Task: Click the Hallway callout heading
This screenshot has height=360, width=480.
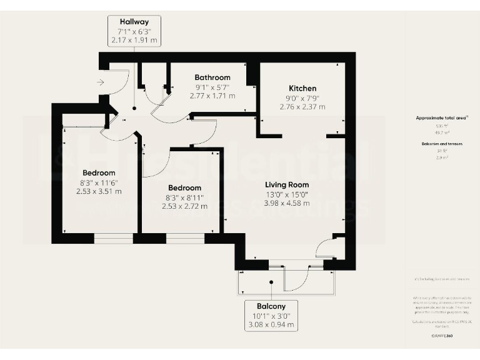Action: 134,21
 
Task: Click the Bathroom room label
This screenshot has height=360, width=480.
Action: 212,77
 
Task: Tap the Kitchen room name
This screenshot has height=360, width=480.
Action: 302,88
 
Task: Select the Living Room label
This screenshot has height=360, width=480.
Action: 287,184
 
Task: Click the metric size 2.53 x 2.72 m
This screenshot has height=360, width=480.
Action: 184,206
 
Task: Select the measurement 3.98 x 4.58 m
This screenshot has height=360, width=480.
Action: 287,203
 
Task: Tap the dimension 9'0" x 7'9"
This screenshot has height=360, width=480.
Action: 302,97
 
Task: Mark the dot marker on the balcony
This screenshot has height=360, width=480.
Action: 271,282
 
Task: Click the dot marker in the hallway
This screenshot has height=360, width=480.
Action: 132,107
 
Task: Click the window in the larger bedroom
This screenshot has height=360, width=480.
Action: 113,238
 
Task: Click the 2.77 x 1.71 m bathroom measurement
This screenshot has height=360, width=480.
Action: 212,96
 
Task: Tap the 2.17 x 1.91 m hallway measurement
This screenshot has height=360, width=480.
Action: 134,40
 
